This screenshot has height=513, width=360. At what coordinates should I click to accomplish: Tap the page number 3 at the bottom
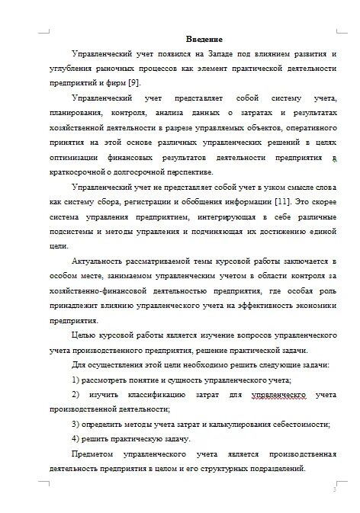click(333, 489)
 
